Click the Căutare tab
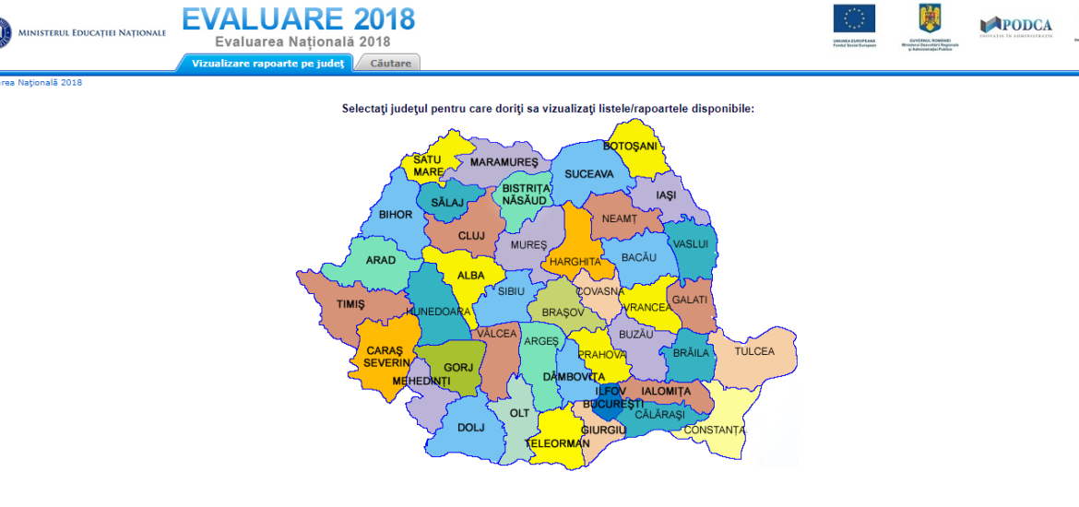point(389,63)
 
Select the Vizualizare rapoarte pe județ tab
point(267,63)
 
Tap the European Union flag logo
point(854,18)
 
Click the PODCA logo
point(1016,25)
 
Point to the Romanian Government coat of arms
point(929,18)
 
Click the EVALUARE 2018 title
point(298,19)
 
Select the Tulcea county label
point(754,351)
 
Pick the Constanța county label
point(715,430)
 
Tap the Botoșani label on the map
point(630,147)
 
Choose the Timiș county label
point(350,304)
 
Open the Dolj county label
point(470,427)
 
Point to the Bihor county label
point(396,215)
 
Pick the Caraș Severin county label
point(385,356)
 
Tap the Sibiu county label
point(511,291)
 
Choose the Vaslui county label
point(691,244)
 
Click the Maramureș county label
point(504,162)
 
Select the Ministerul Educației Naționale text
point(92,32)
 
